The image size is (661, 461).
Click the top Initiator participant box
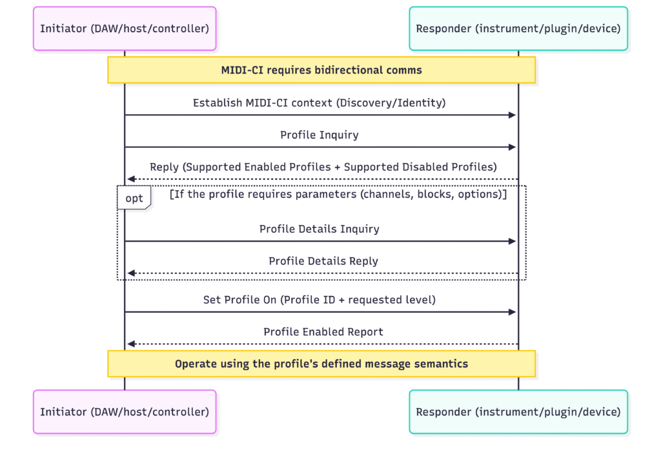(x=125, y=28)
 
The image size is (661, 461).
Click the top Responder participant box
(x=518, y=28)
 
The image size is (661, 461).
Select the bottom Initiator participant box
(x=125, y=411)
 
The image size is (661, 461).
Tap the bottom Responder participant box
(x=518, y=411)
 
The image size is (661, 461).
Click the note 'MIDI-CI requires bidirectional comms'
(x=321, y=70)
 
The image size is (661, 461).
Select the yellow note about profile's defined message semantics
(x=321, y=364)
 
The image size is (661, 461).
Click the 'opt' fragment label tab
(x=134, y=198)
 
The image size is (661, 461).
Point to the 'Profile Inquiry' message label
(x=319, y=135)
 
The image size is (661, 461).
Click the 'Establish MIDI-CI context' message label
(x=319, y=103)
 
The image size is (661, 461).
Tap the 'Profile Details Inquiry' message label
(x=319, y=229)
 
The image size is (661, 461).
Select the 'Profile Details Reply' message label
(x=323, y=261)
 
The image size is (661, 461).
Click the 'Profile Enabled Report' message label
(x=323, y=332)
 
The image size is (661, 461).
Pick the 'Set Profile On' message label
(x=319, y=300)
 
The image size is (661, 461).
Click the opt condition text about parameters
(x=338, y=195)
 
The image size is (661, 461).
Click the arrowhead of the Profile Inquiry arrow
(x=513, y=148)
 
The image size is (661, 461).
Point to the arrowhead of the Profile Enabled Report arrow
(x=131, y=344)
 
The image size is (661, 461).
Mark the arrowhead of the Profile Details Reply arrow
(x=131, y=273)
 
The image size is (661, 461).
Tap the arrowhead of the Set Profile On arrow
(x=513, y=312)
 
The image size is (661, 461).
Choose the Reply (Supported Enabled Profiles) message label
(x=323, y=167)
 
